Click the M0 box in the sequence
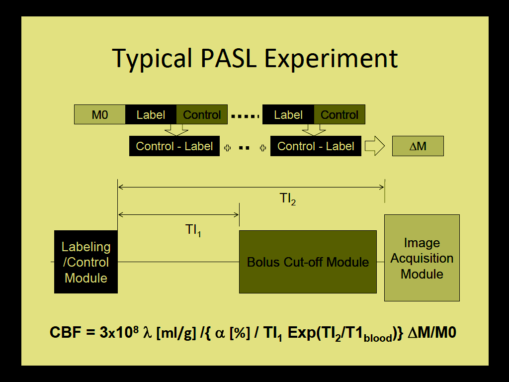[x=100, y=115]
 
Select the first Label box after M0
[x=151, y=115]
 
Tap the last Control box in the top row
[x=339, y=115]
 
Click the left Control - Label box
[x=174, y=146]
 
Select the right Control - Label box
[x=316, y=146]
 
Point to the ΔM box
[x=418, y=147]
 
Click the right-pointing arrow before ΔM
[x=375, y=146]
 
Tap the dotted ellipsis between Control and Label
[x=245, y=116]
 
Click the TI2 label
[x=288, y=199]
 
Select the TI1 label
[x=193, y=230]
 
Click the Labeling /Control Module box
[x=86, y=262]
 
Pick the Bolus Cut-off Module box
[x=308, y=262]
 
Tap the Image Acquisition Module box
[x=422, y=258]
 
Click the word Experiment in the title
[x=331, y=58]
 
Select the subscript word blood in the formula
[x=378, y=338]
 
